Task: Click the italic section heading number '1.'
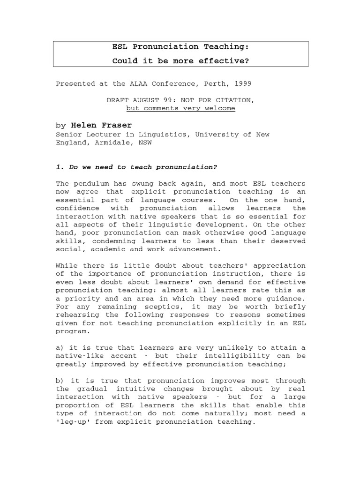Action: click(60, 167)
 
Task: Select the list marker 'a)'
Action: click(60, 347)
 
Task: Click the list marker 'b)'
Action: click(60, 381)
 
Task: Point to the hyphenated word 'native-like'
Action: click(77, 356)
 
